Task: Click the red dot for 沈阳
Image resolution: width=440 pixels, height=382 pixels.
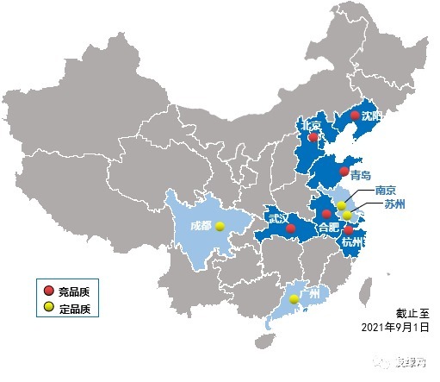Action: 355,115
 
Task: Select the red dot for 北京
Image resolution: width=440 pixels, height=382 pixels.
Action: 313,136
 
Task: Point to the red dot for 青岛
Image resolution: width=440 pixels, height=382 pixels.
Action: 344,172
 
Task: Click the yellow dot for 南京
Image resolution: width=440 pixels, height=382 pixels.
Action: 341,206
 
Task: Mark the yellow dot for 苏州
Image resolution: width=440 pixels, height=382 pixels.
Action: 348,216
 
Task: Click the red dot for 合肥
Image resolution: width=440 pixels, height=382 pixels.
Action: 326,213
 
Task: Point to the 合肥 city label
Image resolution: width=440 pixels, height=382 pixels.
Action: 328,228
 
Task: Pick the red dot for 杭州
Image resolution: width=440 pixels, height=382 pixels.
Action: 347,230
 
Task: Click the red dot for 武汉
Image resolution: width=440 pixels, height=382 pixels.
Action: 290,229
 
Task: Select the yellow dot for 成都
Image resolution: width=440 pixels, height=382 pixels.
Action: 220,226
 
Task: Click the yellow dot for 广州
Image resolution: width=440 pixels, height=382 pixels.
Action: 294,299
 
